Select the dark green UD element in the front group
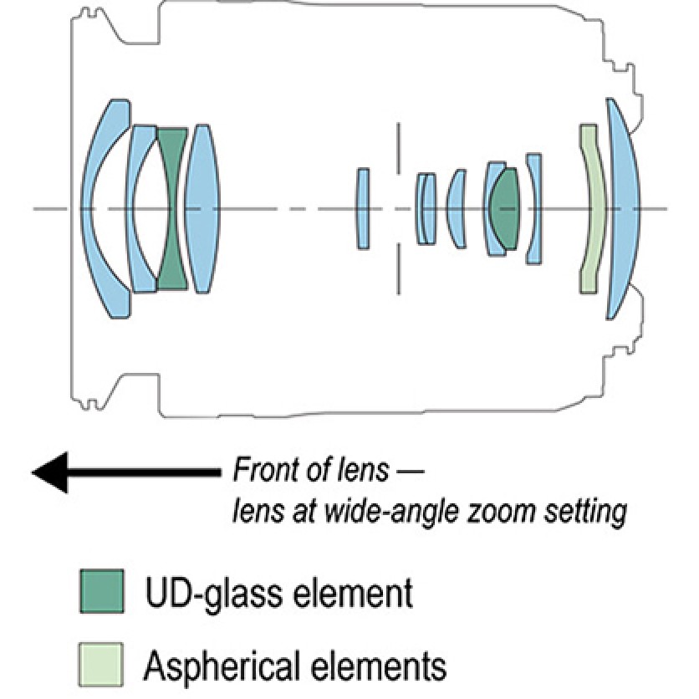click(172, 209)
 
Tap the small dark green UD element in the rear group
click(503, 209)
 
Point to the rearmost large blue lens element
click(625, 209)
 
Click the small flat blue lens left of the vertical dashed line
click(363, 209)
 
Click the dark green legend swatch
click(101, 592)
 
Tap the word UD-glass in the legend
click(200, 593)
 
